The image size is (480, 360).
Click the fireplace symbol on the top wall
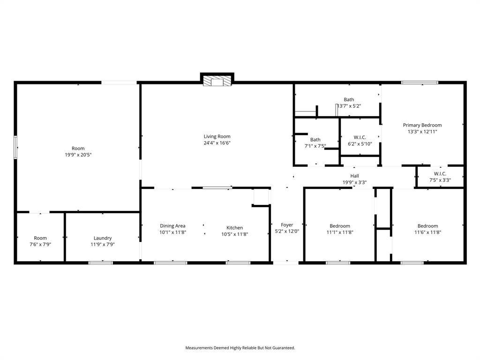[x=217, y=81]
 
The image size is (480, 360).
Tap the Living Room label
[x=217, y=136]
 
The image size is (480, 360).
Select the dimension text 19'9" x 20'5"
[x=78, y=155]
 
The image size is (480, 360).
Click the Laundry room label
[x=102, y=238]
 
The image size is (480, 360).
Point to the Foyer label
[x=287, y=225]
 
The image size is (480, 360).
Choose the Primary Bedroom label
[x=422, y=125]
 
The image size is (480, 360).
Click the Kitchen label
[x=235, y=228]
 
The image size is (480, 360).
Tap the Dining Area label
[x=172, y=226]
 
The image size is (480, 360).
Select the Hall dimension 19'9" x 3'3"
[x=354, y=182]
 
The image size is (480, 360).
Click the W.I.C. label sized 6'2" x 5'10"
[x=360, y=137]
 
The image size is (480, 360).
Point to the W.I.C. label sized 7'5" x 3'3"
[x=440, y=173]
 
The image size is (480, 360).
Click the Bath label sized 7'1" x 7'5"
[x=315, y=140]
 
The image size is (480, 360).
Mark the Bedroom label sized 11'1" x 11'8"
[x=339, y=226]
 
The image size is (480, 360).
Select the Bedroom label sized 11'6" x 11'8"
[x=427, y=226]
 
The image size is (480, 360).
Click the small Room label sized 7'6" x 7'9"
[x=40, y=238]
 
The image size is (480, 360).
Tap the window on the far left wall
[x=15, y=147]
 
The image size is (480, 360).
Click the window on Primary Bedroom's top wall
[x=420, y=82]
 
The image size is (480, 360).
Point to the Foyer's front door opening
[x=285, y=262]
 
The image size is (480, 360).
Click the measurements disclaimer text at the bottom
[x=240, y=348]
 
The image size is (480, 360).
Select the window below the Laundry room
[x=101, y=262]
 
